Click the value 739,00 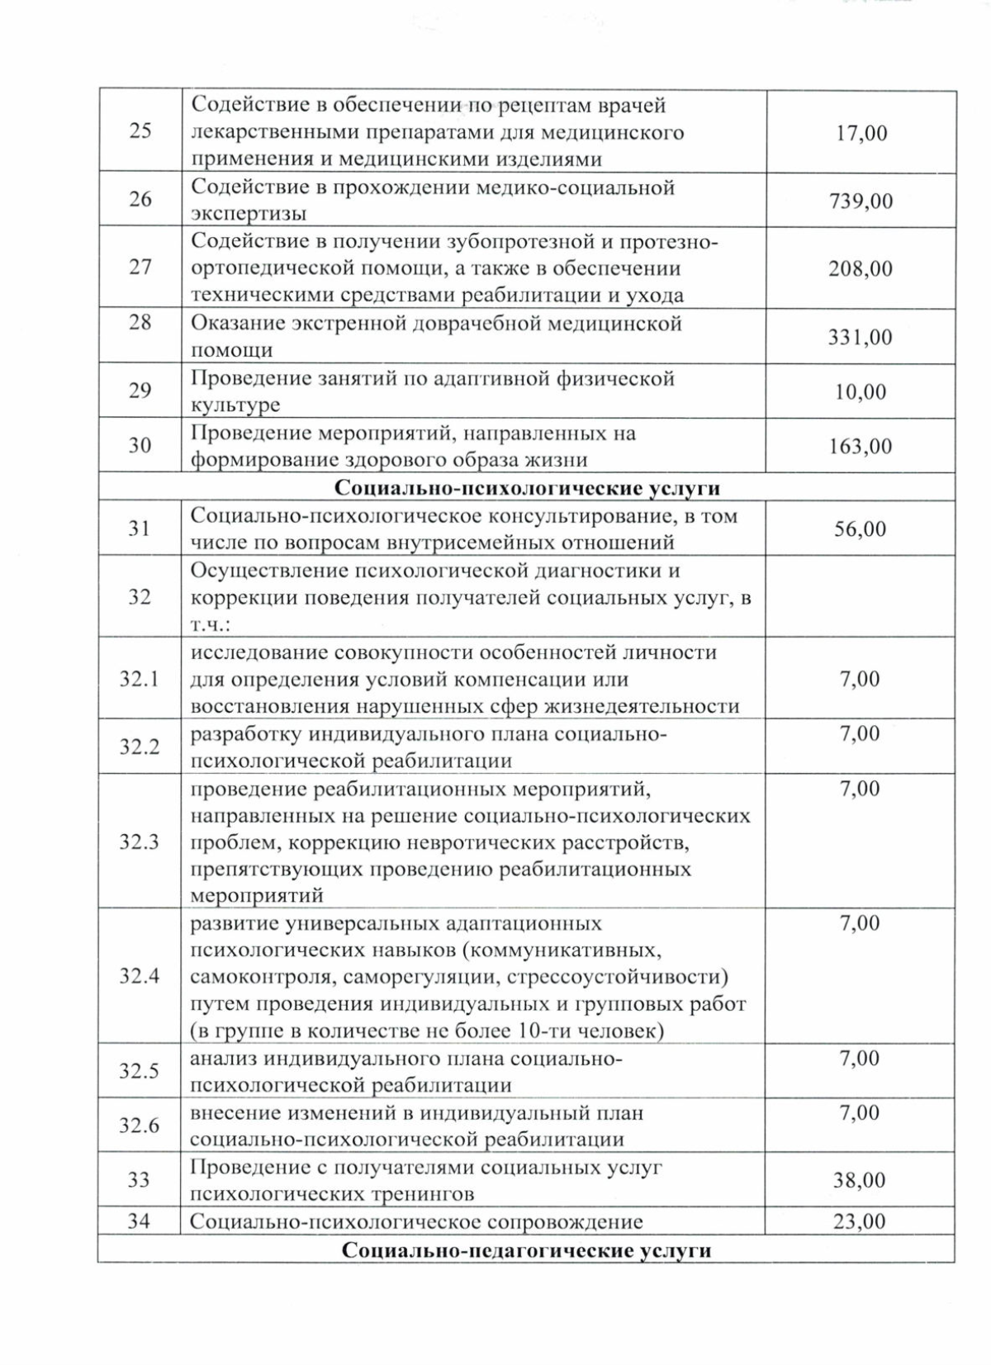861,201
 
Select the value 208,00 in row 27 861,268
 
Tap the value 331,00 861,337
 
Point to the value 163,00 861,446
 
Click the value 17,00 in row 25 861,133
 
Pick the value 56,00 861,528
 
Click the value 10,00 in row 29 861,391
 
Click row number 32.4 140,976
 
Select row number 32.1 140,679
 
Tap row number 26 140,199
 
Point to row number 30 140,445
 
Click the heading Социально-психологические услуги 527,488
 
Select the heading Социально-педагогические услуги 527,1250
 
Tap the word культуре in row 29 235,405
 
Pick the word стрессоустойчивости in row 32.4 613,977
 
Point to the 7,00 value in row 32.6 860,1113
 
